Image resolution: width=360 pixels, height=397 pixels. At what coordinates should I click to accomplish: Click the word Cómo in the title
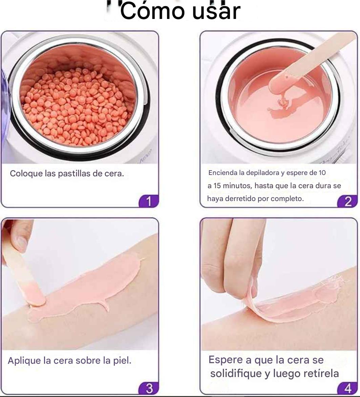pyautogui.click(x=152, y=12)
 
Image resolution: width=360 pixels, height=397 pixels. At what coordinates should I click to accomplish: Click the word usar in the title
pyautogui.click(x=216, y=12)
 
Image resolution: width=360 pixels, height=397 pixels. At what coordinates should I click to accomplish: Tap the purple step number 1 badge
pyautogui.click(x=148, y=201)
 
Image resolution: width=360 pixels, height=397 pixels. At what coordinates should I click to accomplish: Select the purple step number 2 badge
pyautogui.click(x=347, y=201)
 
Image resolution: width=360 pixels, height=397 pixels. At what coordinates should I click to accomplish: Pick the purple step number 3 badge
pyautogui.click(x=149, y=388)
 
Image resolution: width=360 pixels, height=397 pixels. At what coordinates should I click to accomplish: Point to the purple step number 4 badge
pyautogui.click(x=347, y=388)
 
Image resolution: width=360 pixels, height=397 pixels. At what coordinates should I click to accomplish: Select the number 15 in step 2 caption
pyautogui.click(x=217, y=186)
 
